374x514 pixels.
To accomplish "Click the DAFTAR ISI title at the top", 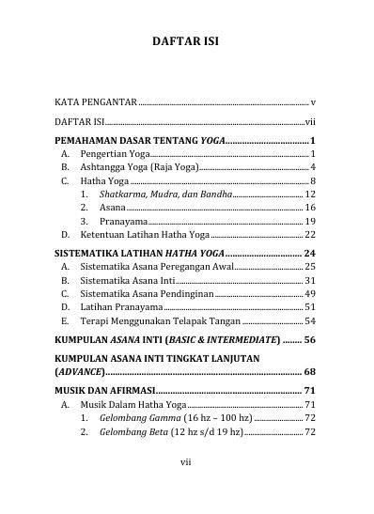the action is click(x=186, y=41).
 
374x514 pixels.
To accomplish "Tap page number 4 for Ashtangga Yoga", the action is click(x=311, y=165).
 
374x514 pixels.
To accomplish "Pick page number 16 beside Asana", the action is click(x=309, y=207).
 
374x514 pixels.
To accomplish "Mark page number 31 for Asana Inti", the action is click(x=309, y=280).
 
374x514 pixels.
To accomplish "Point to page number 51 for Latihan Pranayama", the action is click(x=309, y=307).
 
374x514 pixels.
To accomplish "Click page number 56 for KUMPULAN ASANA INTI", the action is click(x=309, y=339).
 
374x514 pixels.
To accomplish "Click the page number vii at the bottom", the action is click(x=186, y=488).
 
